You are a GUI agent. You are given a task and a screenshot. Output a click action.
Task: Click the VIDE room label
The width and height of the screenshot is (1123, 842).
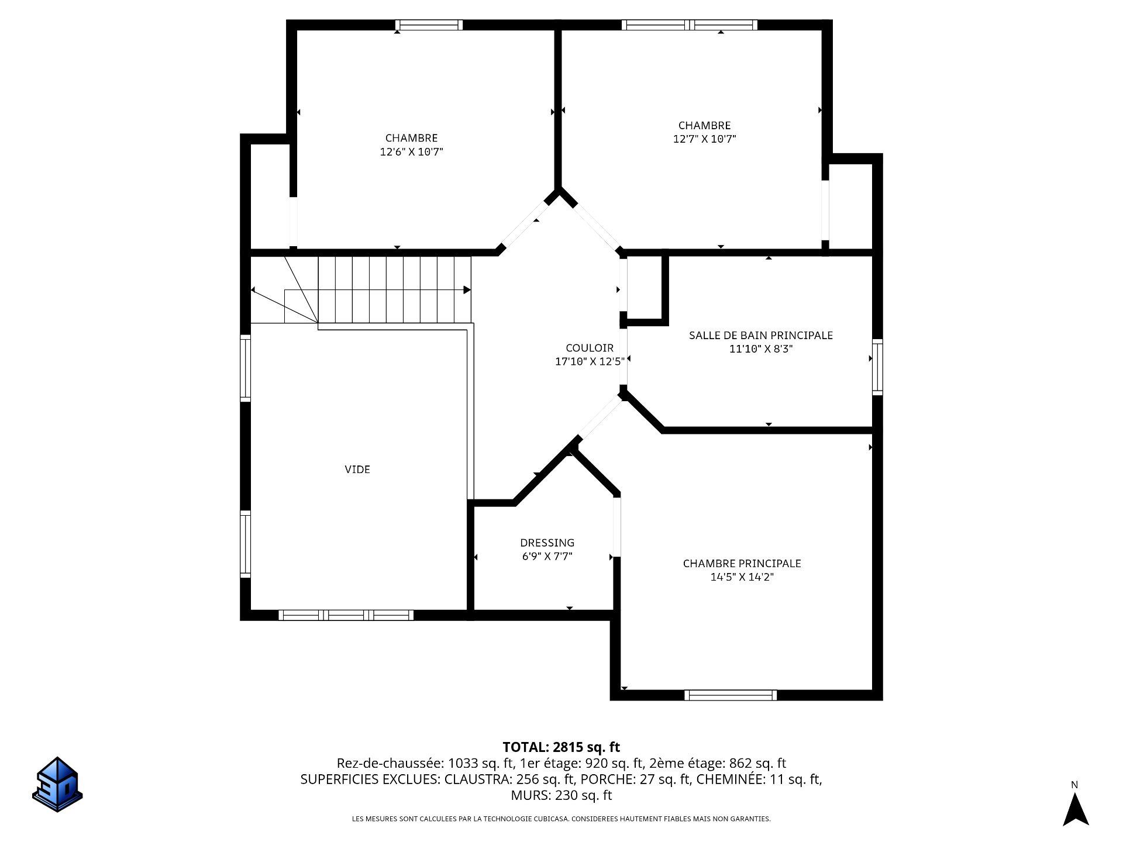click(x=357, y=469)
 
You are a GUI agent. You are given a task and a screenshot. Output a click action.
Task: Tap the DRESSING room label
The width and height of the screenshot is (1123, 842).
click(x=547, y=543)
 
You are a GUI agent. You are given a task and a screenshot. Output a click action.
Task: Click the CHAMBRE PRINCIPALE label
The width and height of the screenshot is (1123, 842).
click(x=742, y=563)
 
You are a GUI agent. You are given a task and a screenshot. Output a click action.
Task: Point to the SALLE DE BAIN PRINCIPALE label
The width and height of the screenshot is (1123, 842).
click(x=761, y=335)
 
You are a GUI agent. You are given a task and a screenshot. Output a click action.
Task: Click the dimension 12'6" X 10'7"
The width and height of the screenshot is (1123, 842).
click(x=412, y=152)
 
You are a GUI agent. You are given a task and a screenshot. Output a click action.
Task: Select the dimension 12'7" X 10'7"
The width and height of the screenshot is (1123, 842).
click(x=705, y=139)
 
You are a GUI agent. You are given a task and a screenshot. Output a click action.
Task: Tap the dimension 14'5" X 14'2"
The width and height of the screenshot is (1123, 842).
click(x=742, y=577)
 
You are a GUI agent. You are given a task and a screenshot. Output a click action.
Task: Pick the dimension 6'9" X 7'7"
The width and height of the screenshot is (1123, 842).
click(x=547, y=557)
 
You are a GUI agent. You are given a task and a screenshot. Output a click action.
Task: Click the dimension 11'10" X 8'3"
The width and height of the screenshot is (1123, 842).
click(x=761, y=349)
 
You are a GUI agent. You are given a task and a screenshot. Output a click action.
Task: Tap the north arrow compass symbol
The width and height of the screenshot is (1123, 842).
click(x=1075, y=809)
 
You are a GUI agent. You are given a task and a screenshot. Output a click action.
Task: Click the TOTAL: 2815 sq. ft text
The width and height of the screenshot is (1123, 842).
click(x=561, y=747)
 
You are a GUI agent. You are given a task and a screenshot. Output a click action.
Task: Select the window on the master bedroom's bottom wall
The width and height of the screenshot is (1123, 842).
click(x=731, y=695)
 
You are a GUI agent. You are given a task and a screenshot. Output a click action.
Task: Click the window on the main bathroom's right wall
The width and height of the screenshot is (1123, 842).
click(x=877, y=367)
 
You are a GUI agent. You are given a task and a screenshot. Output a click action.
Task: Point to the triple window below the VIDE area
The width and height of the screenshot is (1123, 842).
click(x=346, y=615)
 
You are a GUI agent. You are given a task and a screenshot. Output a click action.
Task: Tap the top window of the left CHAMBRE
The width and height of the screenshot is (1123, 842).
click(x=429, y=25)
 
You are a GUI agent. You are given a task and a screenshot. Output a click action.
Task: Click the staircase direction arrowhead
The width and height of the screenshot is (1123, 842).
click(x=467, y=290)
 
